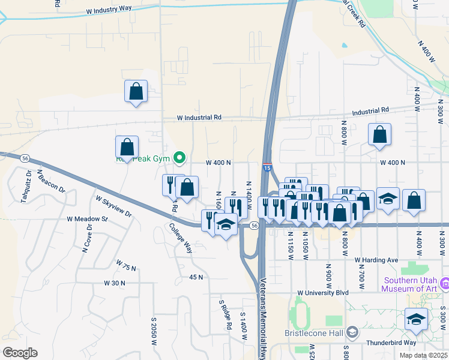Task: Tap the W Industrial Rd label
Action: tap(199, 118)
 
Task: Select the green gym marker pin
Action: tap(179, 158)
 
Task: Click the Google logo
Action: tap(20, 353)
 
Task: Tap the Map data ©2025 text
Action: tap(424, 355)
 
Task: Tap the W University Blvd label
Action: tap(323, 293)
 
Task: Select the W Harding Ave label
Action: tap(376, 260)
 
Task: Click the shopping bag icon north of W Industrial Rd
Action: tap(136, 92)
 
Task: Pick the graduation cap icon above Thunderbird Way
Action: tap(415, 319)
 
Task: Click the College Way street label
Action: tap(180, 238)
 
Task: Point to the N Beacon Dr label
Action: tap(50, 181)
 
